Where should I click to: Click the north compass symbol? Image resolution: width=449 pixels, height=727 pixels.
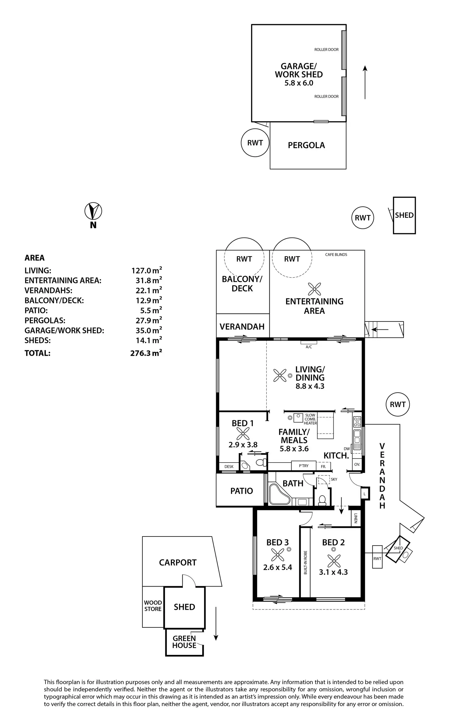93,211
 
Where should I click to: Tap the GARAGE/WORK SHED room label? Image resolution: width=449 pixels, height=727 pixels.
299,70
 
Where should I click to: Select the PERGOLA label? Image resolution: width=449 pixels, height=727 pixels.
306,145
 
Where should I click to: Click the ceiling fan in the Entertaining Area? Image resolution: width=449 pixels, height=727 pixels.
314,289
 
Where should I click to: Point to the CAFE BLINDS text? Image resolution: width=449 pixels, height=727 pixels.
336,255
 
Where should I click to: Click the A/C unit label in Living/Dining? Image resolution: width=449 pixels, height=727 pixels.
309,347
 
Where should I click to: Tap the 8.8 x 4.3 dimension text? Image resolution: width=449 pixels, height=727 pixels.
310,386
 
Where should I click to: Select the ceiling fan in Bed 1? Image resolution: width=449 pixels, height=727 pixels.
243,434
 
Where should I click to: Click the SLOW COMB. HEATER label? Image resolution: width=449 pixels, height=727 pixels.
310,419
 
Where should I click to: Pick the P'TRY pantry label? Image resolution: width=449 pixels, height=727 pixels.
304,466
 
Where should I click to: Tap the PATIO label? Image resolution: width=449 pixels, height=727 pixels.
242,491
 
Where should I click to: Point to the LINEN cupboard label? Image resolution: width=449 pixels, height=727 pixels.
356,518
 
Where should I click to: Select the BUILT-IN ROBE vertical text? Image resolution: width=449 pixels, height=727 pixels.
305,563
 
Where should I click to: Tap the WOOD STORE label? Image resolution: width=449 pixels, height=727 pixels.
153,606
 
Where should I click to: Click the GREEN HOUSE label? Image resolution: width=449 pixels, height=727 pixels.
184,642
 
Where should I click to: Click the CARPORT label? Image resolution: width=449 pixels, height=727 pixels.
178,562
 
